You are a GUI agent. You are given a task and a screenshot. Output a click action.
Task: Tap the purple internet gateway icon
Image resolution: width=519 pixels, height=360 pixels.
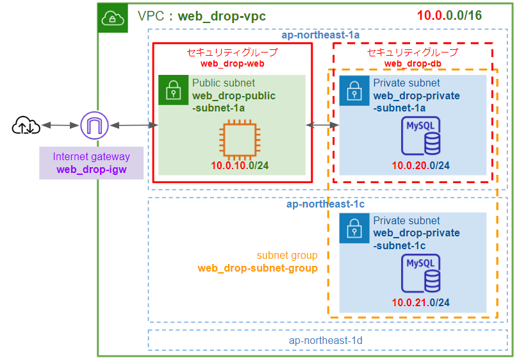(94, 126)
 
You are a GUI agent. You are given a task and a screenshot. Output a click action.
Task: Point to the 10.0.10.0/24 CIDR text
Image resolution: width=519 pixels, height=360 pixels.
(240, 166)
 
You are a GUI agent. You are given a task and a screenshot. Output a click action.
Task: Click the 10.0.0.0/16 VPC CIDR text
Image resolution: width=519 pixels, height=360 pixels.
(449, 16)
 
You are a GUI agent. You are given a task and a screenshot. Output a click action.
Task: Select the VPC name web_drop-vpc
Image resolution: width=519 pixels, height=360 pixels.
(222, 16)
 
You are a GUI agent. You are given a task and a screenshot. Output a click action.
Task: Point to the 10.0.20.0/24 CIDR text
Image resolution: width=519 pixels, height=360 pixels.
(420, 166)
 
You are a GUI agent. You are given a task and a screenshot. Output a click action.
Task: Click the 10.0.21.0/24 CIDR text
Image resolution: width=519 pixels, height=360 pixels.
(420, 302)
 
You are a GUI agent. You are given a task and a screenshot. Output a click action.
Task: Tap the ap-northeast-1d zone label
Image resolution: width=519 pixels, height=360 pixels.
(325, 341)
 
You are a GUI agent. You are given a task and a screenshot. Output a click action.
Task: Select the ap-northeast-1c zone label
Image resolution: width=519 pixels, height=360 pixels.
(325, 204)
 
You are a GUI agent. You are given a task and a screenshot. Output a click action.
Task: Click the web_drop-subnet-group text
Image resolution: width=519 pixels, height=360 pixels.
(258, 268)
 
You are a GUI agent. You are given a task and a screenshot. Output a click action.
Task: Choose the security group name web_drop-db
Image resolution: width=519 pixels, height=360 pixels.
(412, 63)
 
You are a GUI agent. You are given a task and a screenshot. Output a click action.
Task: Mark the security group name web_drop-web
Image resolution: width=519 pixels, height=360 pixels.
(232, 63)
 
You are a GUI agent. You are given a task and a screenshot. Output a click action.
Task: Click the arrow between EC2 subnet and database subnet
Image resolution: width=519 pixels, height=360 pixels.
(323, 126)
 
